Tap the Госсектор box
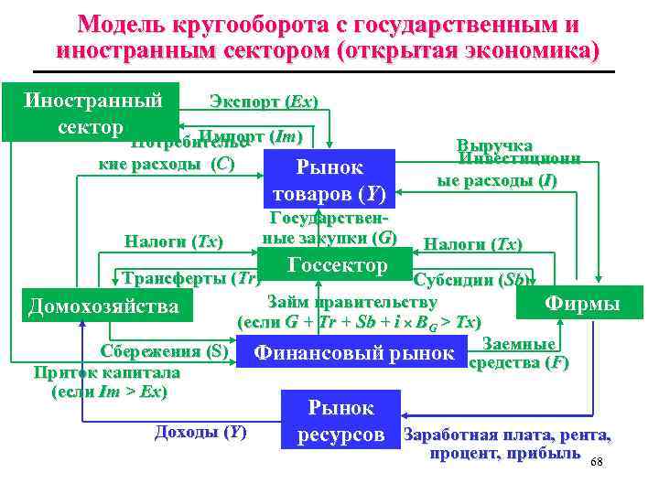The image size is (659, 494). click(x=337, y=266)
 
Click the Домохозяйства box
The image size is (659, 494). click(x=103, y=306)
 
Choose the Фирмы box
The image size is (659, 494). click(x=581, y=304)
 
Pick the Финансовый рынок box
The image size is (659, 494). click(x=353, y=352)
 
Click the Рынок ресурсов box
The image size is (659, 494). click(x=340, y=419)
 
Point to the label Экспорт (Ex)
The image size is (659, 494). click(x=264, y=101)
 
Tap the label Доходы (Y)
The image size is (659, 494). click(x=200, y=432)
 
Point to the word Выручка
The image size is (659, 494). click(x=494, y=145)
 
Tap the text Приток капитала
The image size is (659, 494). click(x=106, y=372)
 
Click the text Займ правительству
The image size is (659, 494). click(x=351, y=302)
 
